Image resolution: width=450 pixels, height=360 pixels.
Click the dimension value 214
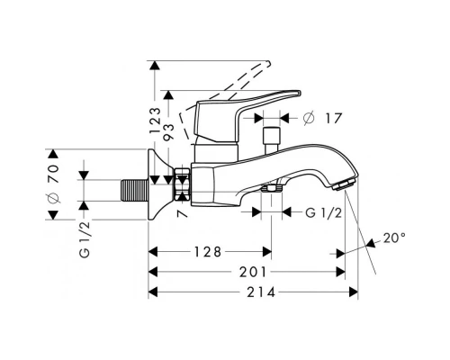(x=255, y=292)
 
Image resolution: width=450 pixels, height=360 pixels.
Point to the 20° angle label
(x=394, y=238)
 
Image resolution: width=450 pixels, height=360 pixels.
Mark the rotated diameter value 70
(x=52, y=184)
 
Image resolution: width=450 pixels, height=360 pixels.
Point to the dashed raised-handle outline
(x=234, y=81)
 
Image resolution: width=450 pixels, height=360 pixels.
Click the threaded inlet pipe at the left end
(x=133, y=191)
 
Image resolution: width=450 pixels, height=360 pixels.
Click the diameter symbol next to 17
(x=308, y=116)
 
